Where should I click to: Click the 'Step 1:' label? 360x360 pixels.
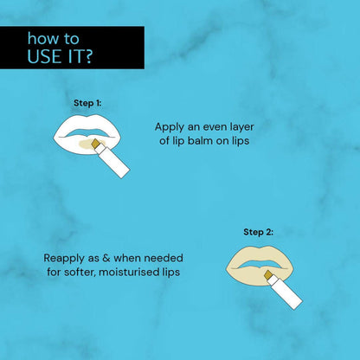(87, 103)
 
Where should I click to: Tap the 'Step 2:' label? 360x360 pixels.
(257, 231)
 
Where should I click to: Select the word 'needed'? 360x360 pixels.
(162, 258)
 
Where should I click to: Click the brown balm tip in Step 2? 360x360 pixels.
(269, 276)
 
